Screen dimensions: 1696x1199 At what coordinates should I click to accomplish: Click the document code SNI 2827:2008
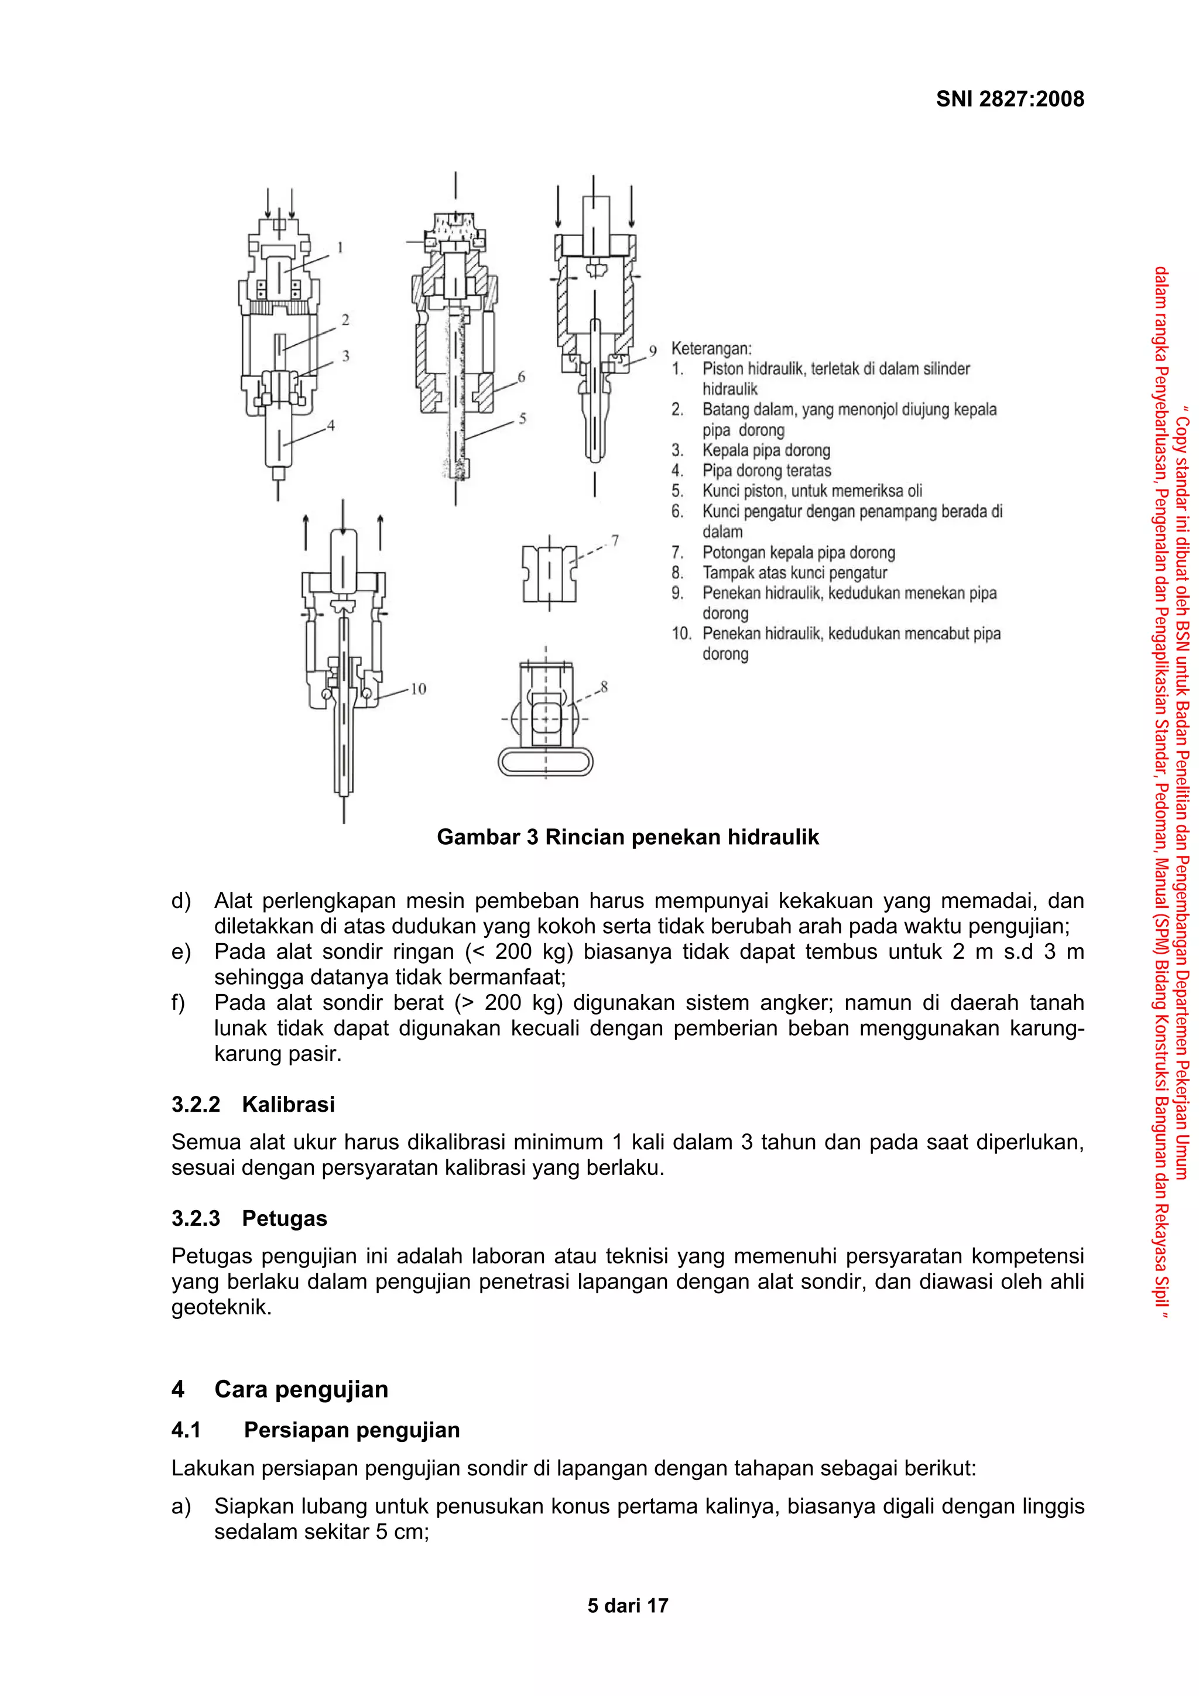tap(1009, 99)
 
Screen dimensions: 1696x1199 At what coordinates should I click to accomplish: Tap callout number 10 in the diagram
tap(418, 688)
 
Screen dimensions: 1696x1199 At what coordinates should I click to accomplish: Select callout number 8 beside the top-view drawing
tap(604, 686)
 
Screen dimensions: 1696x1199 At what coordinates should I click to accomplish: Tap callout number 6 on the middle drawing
tap(521, 376)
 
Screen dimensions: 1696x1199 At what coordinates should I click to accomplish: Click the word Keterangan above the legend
tap(711, 348)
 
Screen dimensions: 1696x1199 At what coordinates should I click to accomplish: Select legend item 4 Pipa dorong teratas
tap(766, 471)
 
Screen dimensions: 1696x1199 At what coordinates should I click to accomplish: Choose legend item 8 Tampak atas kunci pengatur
tap(794, 573)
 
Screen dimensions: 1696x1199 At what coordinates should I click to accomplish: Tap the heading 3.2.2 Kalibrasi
tap(253, 1104)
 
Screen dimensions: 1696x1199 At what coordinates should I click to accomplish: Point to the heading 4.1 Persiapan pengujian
tap(316, 1430)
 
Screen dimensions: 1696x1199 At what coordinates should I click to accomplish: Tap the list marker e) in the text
tap(180, 952)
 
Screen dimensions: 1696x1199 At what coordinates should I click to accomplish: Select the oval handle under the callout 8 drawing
tap(545, 762)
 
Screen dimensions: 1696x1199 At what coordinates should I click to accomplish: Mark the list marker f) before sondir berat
tap(178, 1003)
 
